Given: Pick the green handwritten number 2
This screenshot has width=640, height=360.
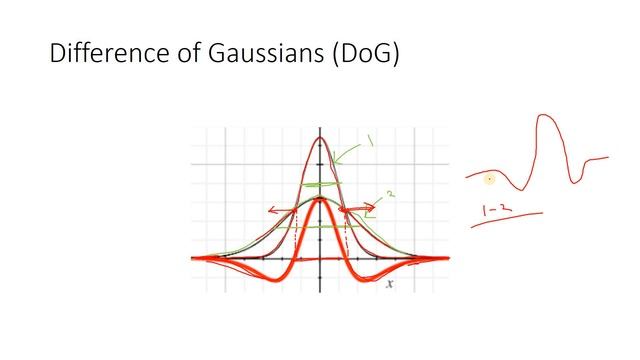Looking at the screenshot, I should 380,196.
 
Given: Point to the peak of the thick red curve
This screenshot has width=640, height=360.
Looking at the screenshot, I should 319,199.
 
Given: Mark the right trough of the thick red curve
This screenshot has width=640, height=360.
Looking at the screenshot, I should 371,276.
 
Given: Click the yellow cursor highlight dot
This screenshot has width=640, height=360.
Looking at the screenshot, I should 489,180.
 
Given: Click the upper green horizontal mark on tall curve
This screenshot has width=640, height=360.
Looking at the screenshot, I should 318,185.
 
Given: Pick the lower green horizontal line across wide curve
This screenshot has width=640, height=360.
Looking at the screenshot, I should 318,227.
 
